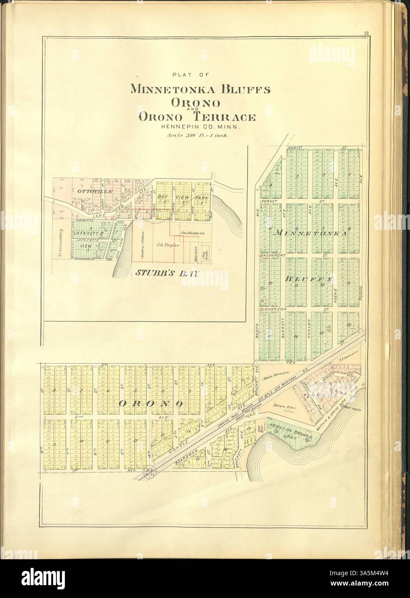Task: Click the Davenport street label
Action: coord(272,256)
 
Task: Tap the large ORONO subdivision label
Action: coord(151,403)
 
